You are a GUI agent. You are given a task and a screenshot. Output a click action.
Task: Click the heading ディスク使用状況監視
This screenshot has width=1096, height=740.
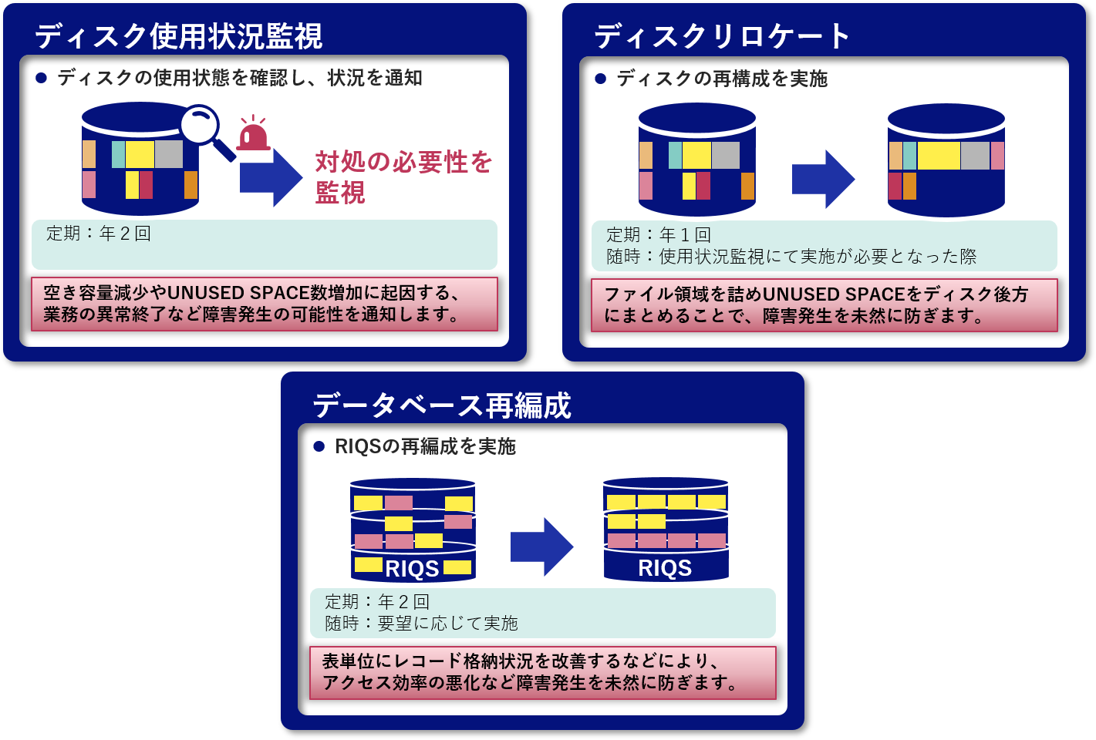[178, 36]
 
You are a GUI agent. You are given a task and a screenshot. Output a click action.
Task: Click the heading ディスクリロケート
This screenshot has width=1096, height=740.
[721, 36]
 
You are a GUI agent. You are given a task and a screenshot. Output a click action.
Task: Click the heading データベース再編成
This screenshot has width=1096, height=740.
[441, 405]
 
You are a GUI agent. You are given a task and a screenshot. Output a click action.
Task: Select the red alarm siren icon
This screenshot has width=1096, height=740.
[253, 135]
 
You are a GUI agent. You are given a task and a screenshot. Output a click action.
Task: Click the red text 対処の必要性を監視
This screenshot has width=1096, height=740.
[403, 177]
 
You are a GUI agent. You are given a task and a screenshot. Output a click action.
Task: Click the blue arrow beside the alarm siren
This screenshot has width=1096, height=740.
[271, 177]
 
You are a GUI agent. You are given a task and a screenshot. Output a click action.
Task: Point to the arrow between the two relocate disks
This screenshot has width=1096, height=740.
[823, 179]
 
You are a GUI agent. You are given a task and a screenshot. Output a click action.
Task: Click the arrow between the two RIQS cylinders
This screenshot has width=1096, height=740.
[541, 547]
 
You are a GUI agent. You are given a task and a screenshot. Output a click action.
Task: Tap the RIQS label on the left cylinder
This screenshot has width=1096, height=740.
[412, 569]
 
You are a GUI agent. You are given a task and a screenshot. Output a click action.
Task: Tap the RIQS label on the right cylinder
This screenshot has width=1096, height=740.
[665, 568]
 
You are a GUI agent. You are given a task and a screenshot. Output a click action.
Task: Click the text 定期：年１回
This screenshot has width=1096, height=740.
[659, 234]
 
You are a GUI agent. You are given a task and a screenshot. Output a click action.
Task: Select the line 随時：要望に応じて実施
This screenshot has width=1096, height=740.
[421, 623]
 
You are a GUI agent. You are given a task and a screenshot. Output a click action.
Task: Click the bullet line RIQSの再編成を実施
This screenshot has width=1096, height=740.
[424, 446]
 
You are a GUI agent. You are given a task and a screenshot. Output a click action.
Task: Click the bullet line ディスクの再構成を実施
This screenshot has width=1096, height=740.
[721, 79]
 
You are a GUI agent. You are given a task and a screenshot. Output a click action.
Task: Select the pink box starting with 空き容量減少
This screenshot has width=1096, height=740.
[264, 304]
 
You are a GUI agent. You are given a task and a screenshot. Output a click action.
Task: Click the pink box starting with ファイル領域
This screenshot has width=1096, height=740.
[824, 305]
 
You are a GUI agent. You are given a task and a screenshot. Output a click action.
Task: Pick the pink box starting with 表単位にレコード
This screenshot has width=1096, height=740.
[542, 672]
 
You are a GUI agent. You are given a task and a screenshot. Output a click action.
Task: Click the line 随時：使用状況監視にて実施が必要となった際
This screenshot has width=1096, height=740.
[791, 256]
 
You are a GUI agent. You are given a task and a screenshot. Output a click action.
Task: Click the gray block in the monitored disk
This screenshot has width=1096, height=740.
[169, 154]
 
